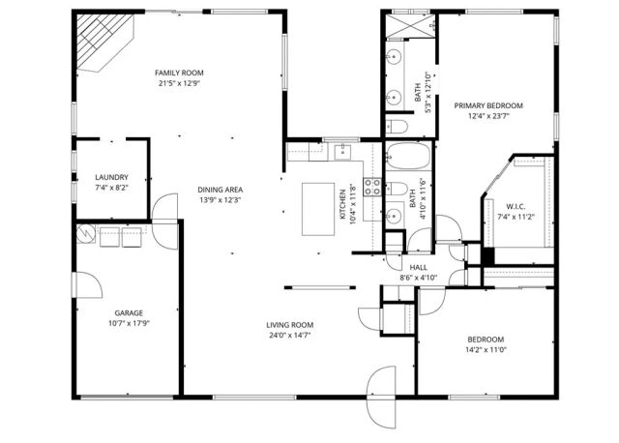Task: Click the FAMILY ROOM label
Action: [x=180, y=73]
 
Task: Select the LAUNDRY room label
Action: [x=111, y=177]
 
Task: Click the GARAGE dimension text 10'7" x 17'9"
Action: [x=130, y=324]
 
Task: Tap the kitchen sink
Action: [x=342, y=151]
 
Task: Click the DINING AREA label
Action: [x=221, y=190]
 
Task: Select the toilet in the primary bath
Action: [x=398, y=127]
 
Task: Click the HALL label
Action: [x=418, y=267]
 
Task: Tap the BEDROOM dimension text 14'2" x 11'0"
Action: [x=486, y=349]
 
